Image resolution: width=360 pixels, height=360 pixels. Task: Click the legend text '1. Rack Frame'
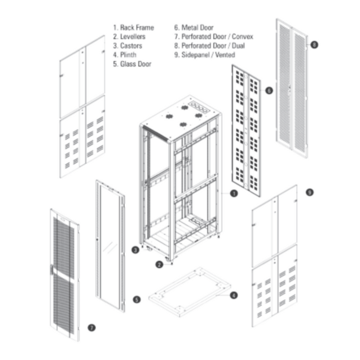[133, 28]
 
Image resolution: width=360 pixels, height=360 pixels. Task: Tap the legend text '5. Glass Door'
[132, 64]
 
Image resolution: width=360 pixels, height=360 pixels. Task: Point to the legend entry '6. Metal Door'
[193, 28]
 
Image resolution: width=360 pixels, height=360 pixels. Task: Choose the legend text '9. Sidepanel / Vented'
[204, 55]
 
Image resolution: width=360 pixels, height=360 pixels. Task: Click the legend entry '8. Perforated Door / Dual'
[209, 46]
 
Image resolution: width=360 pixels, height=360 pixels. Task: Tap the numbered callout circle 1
[234, 194]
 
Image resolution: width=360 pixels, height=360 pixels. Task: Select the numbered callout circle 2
[159, 265]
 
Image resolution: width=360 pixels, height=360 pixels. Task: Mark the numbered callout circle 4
[234, 296]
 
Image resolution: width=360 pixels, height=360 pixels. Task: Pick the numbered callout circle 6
[269, 90]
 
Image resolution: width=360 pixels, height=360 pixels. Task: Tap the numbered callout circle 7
[92, 328]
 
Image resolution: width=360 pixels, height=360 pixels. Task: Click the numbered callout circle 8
[314, 45]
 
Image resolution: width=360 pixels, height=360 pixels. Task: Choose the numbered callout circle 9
[309, 192]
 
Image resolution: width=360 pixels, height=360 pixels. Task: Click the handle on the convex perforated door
[51, 271]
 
